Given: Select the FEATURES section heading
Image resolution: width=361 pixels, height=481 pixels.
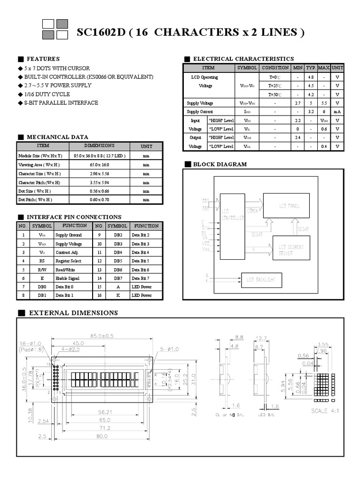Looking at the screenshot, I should tap(43, 59).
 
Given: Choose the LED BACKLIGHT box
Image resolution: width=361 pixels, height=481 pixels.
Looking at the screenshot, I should tap(261, 280).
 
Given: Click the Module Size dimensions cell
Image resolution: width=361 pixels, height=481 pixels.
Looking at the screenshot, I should tap(99, 155).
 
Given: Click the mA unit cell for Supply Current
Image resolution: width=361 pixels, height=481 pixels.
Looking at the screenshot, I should tap(337, 112).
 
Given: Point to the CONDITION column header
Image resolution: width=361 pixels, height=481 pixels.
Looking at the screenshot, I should tap(275, 68).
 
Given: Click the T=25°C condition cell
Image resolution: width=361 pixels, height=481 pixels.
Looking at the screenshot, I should tap(275, 86).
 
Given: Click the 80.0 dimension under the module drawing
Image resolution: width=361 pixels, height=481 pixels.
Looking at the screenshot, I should tap(102, 436).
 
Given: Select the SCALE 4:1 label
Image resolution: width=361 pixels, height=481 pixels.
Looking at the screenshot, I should tap(324, 411).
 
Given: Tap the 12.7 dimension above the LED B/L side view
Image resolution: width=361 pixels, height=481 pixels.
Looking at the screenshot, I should tap(262, 337).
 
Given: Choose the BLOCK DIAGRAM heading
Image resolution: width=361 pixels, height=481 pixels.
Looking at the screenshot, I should tap(220, 164).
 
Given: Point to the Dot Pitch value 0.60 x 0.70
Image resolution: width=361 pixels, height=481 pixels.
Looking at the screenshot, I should tap(99, 200).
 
